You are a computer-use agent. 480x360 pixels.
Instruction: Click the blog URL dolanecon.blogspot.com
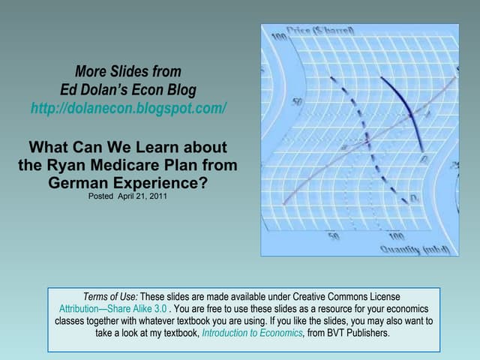(x=128, y=109)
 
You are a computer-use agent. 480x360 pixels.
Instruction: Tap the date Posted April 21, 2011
(x=127, y=197)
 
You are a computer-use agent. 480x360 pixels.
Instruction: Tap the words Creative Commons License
(x=346, y=297)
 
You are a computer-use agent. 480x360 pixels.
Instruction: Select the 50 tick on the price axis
(x=298, y=101)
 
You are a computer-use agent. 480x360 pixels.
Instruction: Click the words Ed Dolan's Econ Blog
(x=128, y=90)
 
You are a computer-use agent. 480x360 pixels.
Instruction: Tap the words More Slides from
(x=128, y=72)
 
